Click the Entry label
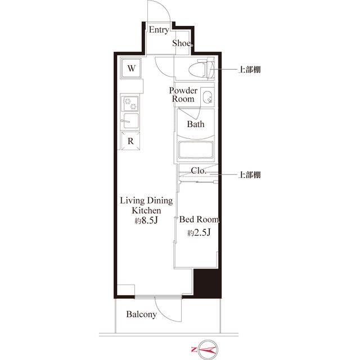click(x=159, y=30)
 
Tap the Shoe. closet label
click(x=183, y=43)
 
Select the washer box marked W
click(x=130, y=69)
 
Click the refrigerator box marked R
click(x=130, y=141)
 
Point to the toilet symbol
click(x=203, y=69)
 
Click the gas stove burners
click(x=130, y=103)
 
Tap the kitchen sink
click(x=130, y=121)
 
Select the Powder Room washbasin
click(x=206, y=97)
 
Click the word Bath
click(x=196, y=124)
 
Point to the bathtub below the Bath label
click(x=196, y=150)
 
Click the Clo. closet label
click(x=198, y=170)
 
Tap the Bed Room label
click(x=199, y=219)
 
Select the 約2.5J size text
click(x=199, y=232)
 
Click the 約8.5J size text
click(x=146, y=220)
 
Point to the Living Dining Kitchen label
click(x=146, y=205)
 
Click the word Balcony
click(x=141, y=314)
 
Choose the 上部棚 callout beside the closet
click(x=249, y=175)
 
